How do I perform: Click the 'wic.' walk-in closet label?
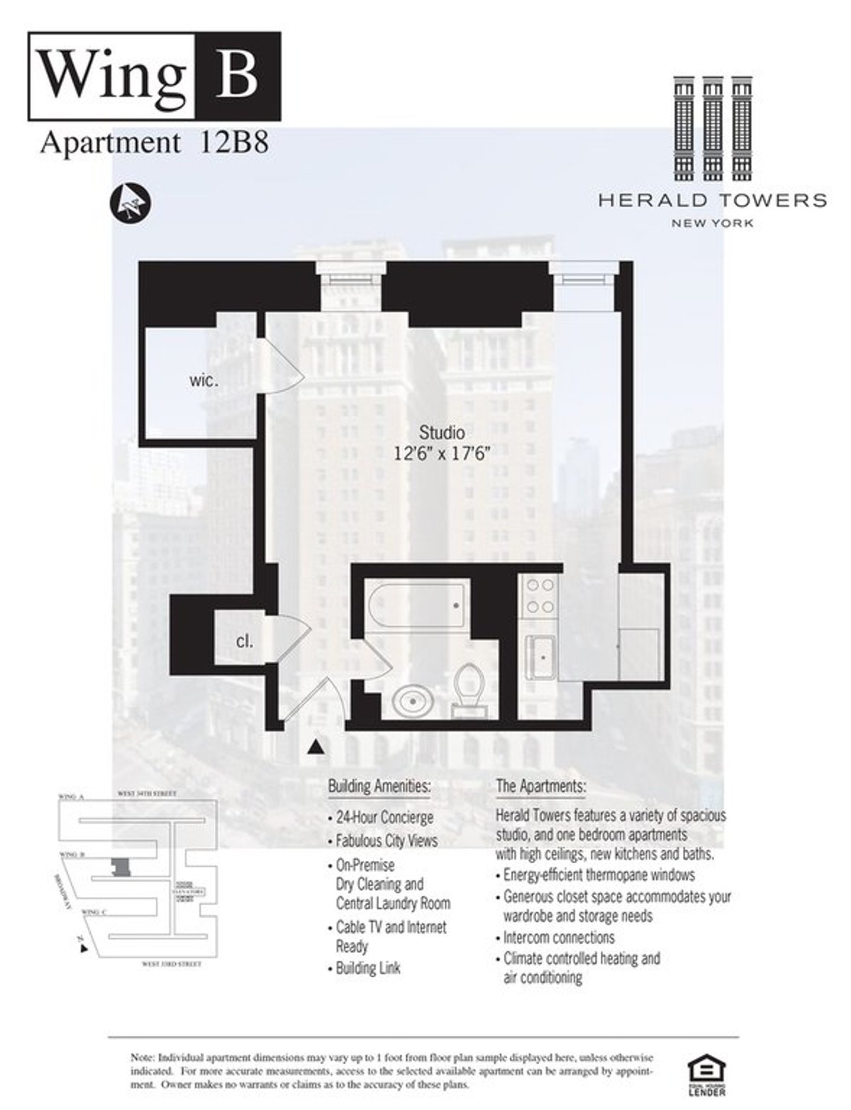click(204, 380)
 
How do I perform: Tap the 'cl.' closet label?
click(245, 642)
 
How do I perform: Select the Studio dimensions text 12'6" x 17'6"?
click(443, 454)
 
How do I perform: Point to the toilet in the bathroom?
click(467, 686)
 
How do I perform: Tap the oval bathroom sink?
click(416, 701)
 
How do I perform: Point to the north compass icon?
click(130, 202)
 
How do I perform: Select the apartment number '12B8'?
click(230, 143)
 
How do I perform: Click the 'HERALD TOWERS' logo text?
click(712, 200)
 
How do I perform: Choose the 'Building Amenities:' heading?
click(379, 786)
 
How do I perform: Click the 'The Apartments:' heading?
click(541, 786)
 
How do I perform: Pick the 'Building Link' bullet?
click(367, 968)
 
